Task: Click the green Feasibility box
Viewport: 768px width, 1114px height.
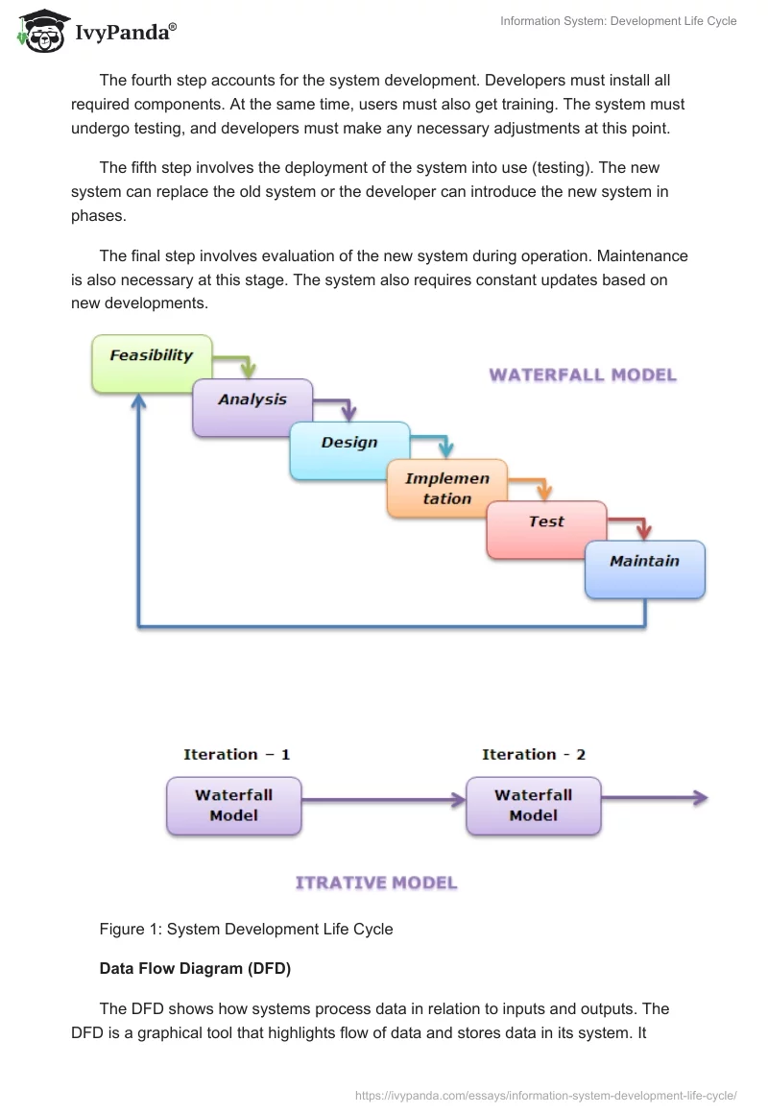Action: [152, 363]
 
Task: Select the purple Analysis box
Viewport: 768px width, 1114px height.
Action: [252, 407]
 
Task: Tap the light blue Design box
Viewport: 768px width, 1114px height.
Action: [349, 450]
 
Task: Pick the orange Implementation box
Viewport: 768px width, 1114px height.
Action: [446, 489]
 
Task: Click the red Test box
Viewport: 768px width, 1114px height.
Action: [546, 529]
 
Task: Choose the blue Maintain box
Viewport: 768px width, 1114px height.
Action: [645, 569]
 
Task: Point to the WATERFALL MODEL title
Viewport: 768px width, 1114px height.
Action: [583, 375]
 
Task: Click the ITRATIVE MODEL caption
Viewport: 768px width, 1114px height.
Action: [376, 883]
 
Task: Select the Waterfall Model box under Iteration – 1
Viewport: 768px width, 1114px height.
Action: [234, 805]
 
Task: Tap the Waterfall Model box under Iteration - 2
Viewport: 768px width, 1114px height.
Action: [533, 805]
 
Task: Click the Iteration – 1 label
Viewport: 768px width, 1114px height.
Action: [237, 755]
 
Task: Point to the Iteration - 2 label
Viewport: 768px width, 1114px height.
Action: [534, 755]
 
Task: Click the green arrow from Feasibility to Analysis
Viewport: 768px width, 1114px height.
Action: [240, 363]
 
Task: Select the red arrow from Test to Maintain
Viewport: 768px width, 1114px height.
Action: [634, 524]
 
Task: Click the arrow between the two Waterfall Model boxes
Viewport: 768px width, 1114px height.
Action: [384, 798]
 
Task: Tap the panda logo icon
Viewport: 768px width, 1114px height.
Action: [40, 31]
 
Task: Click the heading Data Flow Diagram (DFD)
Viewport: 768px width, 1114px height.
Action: [195, 969]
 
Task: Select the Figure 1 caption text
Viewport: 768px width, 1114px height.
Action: [246, 929]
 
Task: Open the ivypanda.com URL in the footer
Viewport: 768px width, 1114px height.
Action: [545, 1094]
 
